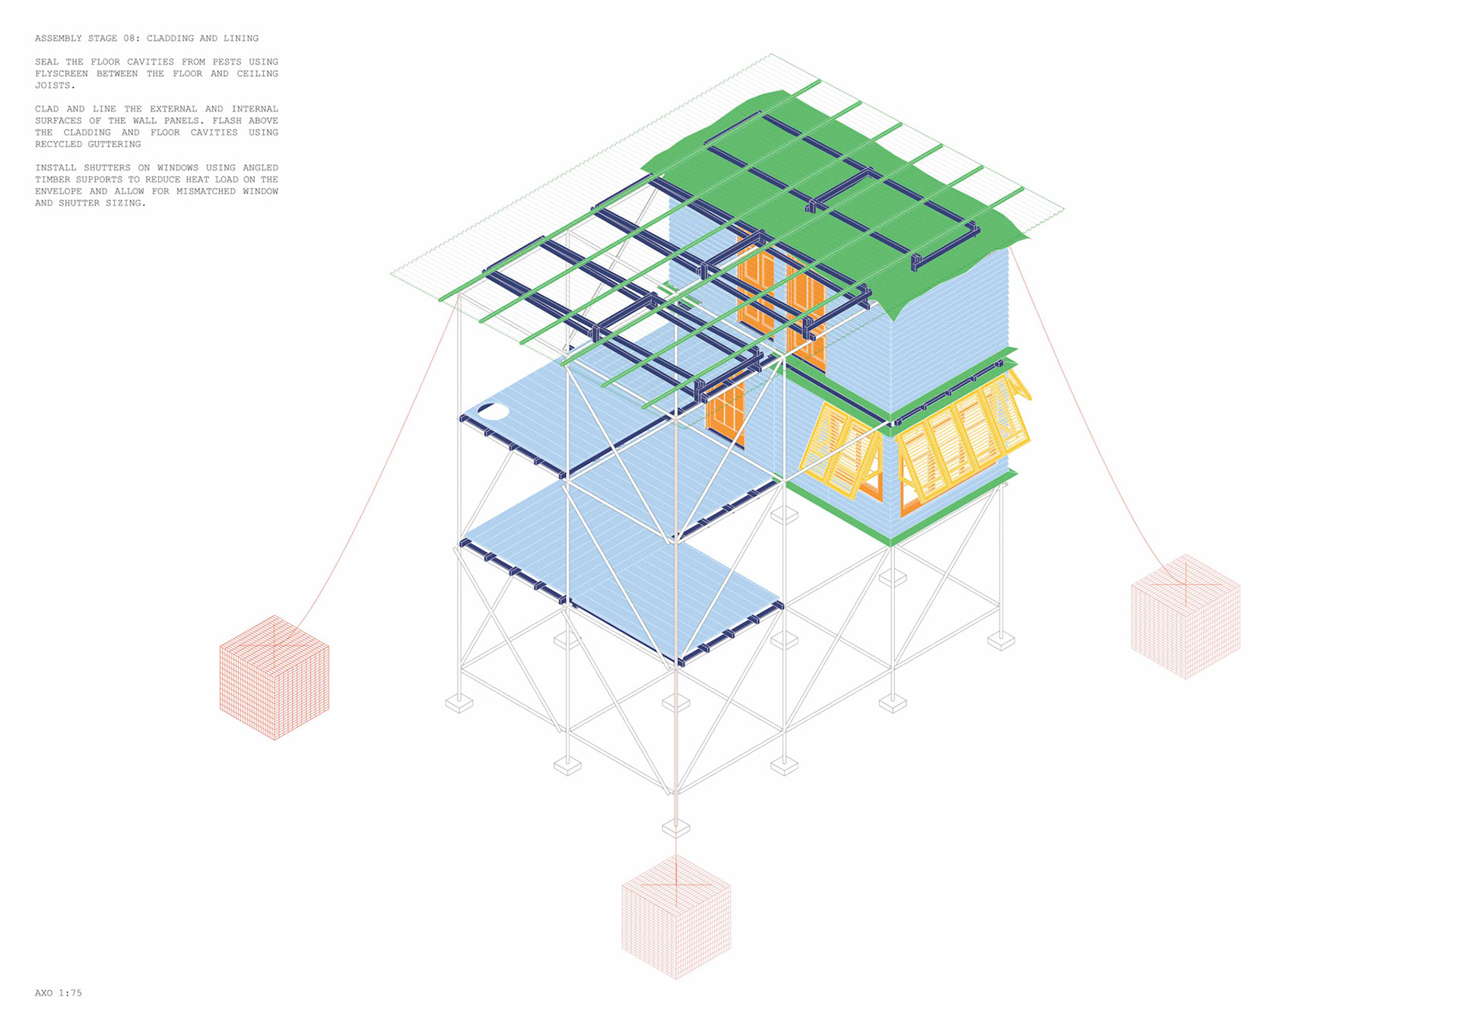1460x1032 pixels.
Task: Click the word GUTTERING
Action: coord(114,144)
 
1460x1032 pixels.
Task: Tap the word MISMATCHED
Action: coord(205,191)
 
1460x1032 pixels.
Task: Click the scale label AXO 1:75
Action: coord(59,992)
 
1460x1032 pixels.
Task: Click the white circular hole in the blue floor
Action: coord(493,411)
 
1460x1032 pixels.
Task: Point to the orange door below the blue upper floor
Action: coord(725,412)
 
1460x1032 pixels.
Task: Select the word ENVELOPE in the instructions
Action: coord(59,191)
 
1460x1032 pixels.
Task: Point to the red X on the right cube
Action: coord(1185,584)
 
